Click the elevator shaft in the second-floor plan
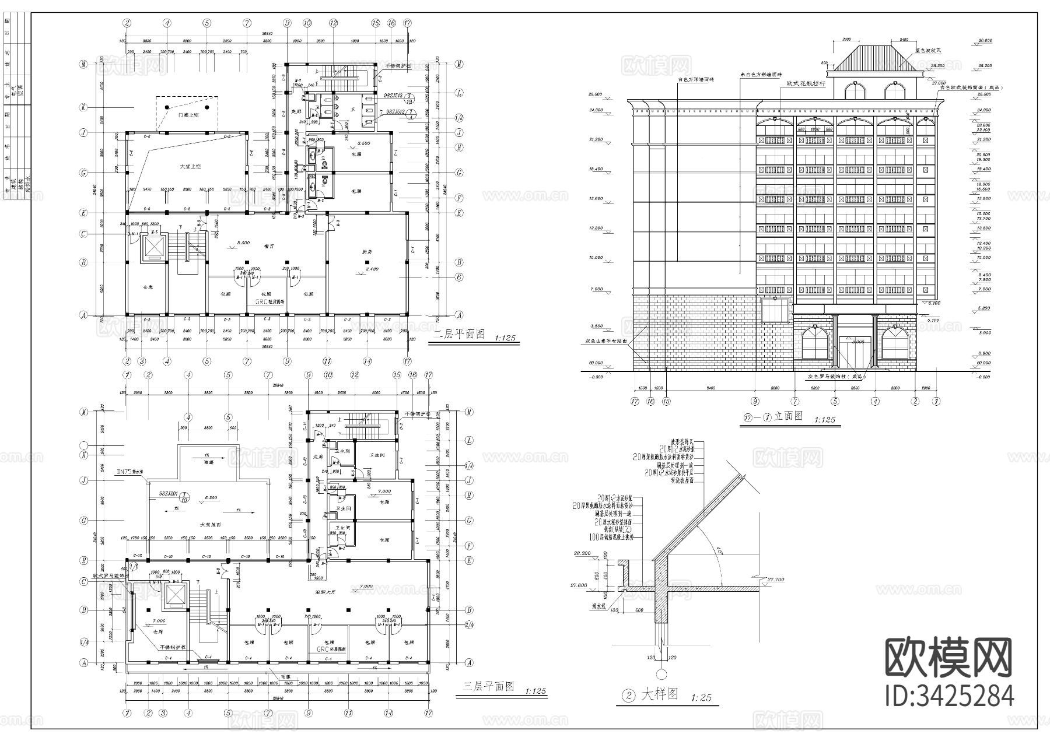pos(153,248)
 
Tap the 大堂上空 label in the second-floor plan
pos(190,167)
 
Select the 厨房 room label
pos(366,251)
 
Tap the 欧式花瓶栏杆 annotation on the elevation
pos(806,84)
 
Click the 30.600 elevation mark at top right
pos(984,40)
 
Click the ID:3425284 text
pos(949,696)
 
